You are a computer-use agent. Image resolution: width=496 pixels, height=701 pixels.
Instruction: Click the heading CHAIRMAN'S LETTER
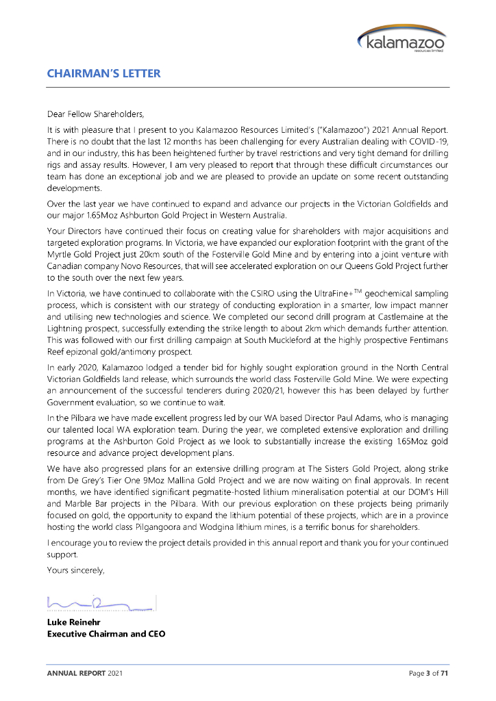pyautogui.click(x=103, y=73)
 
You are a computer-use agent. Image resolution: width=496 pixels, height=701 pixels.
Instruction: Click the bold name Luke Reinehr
pyautogui.click(x=73, y=622)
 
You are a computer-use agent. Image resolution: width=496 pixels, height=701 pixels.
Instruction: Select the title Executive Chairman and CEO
pyautogui.click(x=106, y=633)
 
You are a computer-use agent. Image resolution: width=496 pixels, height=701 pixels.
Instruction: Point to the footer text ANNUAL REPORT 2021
pyautogui.click(x=85, y=674)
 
